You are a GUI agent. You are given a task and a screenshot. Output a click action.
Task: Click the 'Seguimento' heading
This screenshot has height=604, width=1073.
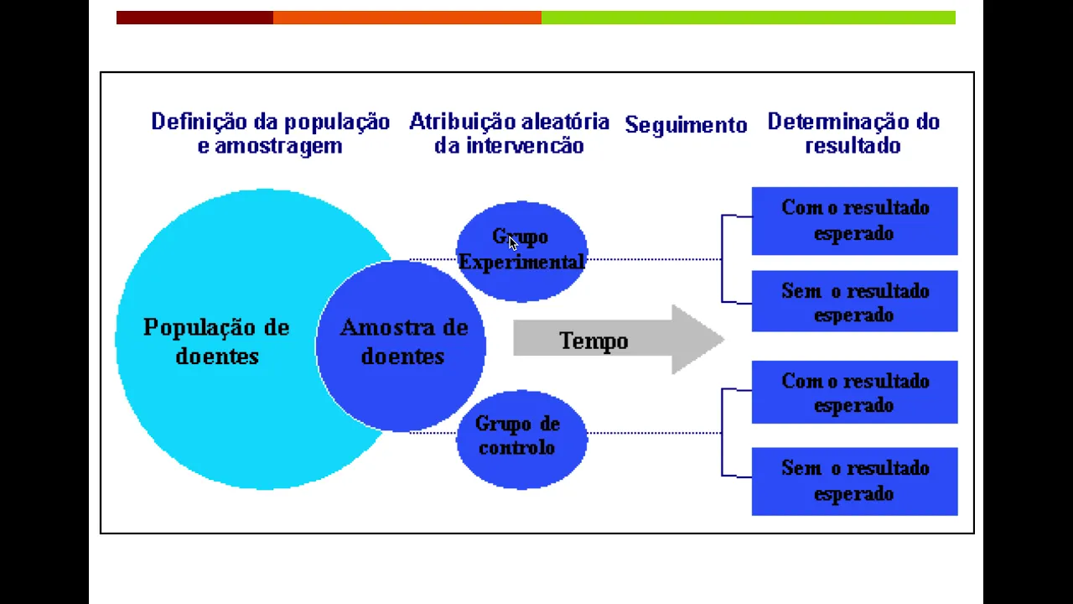coord(686,126)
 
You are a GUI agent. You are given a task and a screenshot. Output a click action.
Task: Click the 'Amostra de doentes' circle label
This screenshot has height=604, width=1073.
coord(403,341)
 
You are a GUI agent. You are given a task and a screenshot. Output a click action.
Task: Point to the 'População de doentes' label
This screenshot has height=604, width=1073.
coord(216,341)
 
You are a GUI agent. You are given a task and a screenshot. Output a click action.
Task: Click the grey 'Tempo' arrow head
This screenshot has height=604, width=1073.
coord(696,340)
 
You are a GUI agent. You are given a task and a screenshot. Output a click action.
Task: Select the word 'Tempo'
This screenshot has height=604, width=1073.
coord(594,341)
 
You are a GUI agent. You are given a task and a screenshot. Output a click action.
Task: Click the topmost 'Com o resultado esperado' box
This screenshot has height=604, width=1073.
coord(854,221)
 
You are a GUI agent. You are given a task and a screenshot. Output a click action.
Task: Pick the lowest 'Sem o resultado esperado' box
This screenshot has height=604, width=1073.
coord(854,481)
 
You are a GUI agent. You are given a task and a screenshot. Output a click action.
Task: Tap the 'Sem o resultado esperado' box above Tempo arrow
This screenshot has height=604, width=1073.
coord(854,302)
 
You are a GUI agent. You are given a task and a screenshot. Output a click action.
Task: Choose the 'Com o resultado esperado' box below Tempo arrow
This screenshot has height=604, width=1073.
coord(854,393)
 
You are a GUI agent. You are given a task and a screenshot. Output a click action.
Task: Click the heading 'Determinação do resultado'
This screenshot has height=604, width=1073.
coord(853,133)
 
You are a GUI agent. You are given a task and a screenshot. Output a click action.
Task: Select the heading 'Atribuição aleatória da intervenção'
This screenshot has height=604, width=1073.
coord(509,133)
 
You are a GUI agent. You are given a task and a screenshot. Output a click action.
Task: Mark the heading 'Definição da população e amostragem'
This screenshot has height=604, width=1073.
coord(270,133)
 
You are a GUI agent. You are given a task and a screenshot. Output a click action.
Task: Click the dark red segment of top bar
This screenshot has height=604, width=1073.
coord(194,18)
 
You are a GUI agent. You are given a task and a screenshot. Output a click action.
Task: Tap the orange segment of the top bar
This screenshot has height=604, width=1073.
coord(407,18)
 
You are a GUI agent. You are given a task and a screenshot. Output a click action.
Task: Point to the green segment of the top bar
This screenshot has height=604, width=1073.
coord(748,18)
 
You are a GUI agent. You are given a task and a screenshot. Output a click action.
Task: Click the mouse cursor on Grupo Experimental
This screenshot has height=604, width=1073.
coord(513,243)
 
